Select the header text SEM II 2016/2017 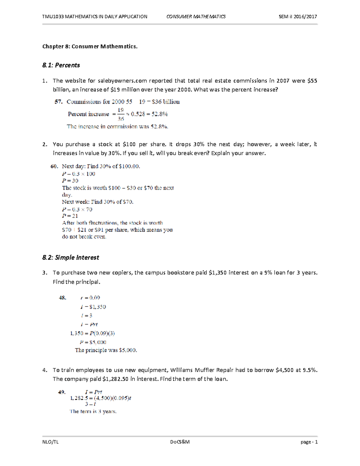[x=298, y=17]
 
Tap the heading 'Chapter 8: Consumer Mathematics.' [x=90, y=46]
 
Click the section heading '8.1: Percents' [x=61, y=65]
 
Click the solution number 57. [x=58, y=102]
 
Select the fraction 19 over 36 [x=121, y=114]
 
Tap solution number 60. [x=54, y=166]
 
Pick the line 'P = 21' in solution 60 [x=70, y=216]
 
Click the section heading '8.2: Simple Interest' [x=70, y=257]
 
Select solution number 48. [x=62, y=298]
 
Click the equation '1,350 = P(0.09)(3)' [x=92, y=333]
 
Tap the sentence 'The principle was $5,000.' [x=106, y=350]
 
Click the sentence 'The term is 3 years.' [x=93, y=411]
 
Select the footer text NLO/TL [x=50, y=442]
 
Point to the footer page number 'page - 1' [x=309, y=442]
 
